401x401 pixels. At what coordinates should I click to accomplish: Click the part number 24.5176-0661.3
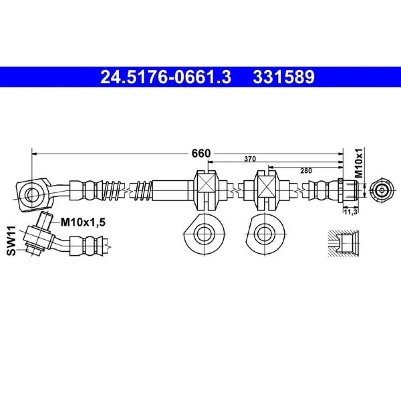[x=166, y=77]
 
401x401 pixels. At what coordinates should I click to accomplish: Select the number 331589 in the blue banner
[x=284, y=77]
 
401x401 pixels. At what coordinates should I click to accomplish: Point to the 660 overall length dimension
[x=201, y=153]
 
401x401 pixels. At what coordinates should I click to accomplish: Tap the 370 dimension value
[x=250, y=159]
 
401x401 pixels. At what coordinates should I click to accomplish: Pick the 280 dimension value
[x=306, y=170]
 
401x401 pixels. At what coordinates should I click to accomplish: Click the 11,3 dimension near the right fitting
[x=350, y=212]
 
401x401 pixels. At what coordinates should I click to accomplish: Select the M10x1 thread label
[x=359, y=163]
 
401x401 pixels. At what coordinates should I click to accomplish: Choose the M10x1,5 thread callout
[x=83, y=222]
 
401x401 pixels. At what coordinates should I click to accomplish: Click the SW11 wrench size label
[x=11, y=241]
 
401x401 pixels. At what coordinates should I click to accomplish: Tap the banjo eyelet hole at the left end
[x=32, y=195]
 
